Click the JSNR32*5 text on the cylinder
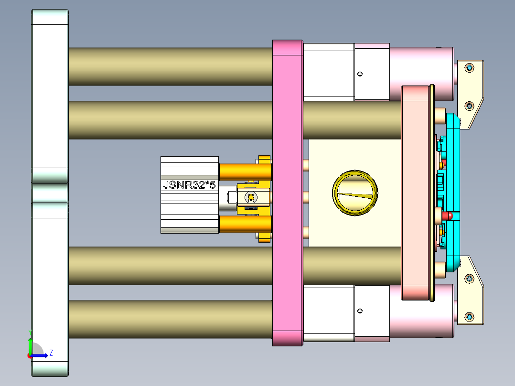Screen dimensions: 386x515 tap(189, 185)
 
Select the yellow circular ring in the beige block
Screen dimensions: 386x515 tap(354, 193)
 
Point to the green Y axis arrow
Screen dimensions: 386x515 tap(30, 345)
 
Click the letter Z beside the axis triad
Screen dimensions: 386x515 tap(51, 353)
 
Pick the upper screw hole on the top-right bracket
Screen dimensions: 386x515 tap(469, 68)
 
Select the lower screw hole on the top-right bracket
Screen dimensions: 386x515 tap(469, 106)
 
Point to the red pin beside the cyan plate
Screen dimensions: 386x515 tap(447, 216)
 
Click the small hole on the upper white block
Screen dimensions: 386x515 tap(360, 74)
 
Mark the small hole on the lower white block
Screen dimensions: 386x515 tap(360, 311)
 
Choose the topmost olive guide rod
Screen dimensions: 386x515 tap(170, 66)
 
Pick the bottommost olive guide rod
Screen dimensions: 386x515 tap(170, 319)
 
